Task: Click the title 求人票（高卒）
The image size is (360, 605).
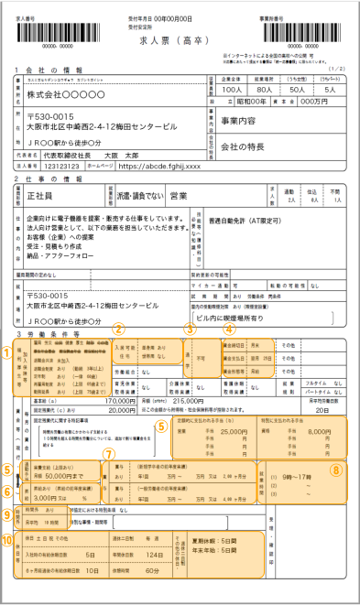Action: [179, 43]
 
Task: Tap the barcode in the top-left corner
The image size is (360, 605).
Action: [44, 29]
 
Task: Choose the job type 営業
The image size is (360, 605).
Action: [179, 196]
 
